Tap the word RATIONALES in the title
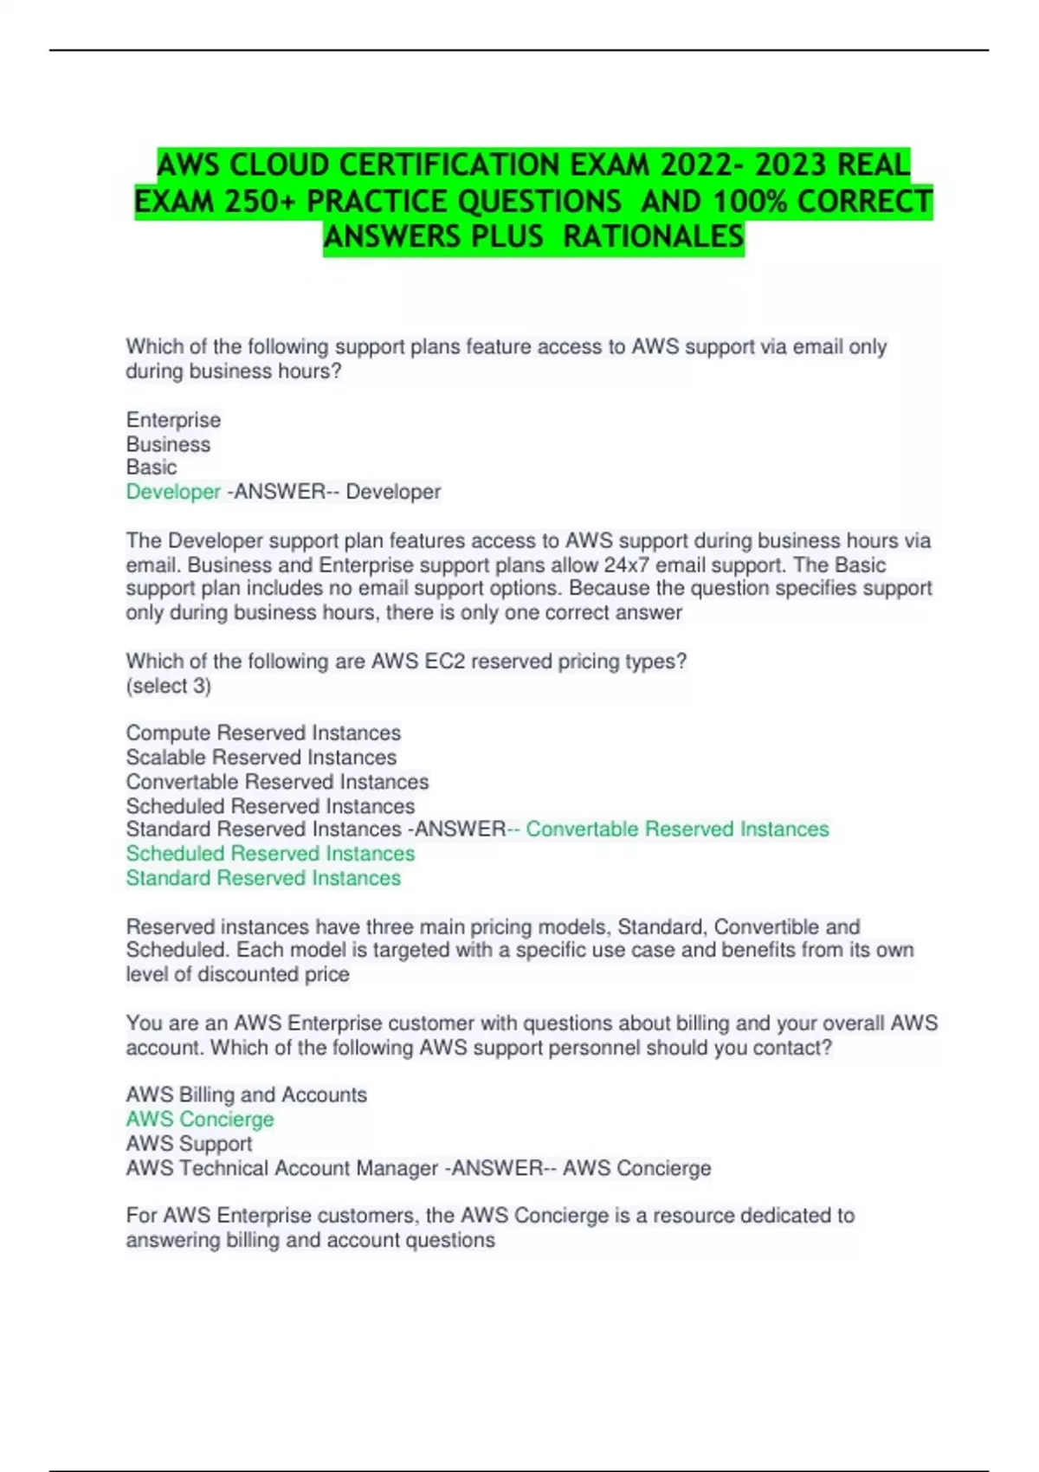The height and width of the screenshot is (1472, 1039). click(654, 236)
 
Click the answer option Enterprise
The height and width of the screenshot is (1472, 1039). click(173, 420)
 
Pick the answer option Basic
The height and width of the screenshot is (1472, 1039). click(152, 468)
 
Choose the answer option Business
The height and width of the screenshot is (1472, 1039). click(168, 444)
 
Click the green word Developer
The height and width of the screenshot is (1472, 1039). click(173, 492)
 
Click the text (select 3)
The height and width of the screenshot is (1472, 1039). click(169, 686)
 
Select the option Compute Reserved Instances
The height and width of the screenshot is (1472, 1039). click(263, 733)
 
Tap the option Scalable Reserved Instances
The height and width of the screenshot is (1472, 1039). click(261, 757)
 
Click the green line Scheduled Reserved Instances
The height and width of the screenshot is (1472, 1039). click(270, 853)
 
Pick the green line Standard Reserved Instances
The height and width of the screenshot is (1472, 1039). click(263, 877)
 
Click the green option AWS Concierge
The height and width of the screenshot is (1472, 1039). click(200, 1119)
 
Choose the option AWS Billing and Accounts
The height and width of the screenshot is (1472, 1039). click(247, 1094)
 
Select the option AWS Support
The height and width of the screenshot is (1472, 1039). click(189, 1143)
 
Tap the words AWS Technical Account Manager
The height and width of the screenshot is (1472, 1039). click(282, 1168)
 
